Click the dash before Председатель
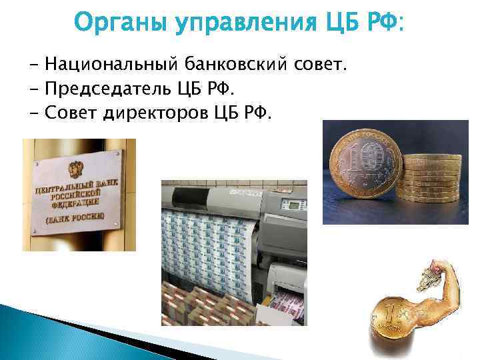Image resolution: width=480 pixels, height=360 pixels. pos(33,89)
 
